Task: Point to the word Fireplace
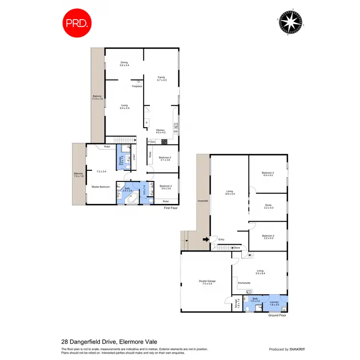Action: pos(137,86)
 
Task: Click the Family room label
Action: pos(162,79)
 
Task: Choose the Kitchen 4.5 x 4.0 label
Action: pos(161,132)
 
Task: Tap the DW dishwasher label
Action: pos(176,132)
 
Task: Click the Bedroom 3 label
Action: pos(166,187)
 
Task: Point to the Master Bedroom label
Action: pos(101,187)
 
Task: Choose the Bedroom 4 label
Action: pos(268,174)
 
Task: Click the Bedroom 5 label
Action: pos(268,237)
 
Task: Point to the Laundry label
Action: pos(274,303)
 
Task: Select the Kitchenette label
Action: pos(244,284)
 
